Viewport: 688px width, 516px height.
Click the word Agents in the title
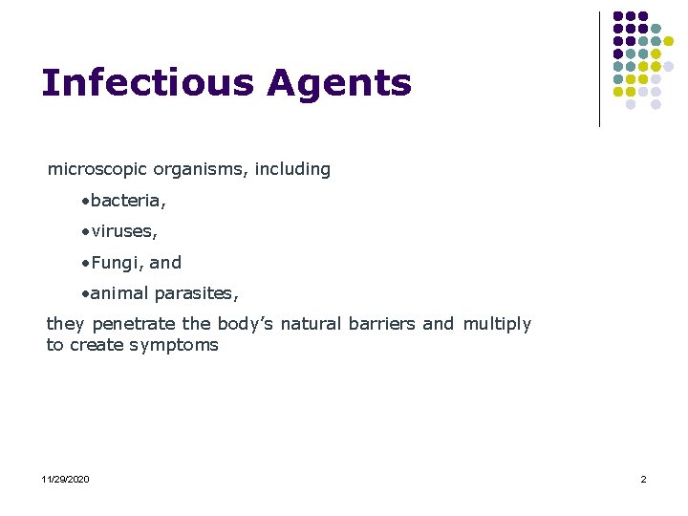(339, 85)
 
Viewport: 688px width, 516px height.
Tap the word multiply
(497, 324)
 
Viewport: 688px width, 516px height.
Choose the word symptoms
(176, 345)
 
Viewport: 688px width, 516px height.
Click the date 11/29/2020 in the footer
(66, 479)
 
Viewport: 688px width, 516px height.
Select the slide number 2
(643, 479)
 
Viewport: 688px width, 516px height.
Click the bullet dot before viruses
(85, 232)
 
